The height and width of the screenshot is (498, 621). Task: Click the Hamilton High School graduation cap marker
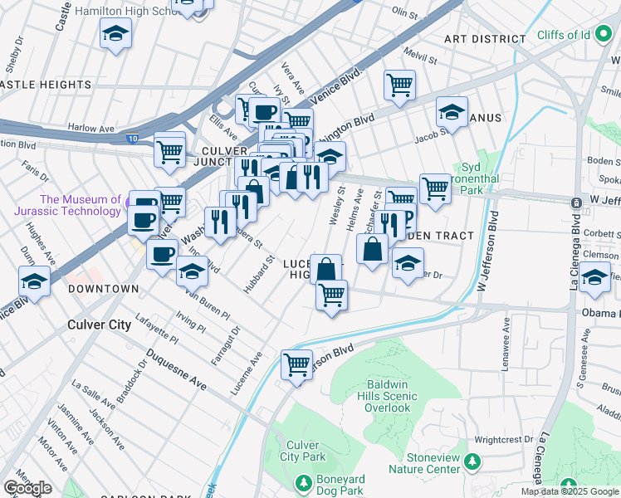click(116, 34)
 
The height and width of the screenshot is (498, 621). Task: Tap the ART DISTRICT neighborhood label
click(485, 39)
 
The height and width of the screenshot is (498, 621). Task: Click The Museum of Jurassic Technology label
click(81, 205)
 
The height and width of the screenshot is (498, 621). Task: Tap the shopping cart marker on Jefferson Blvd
click(297, 364)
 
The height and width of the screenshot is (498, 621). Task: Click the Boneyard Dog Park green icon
click(303, 482)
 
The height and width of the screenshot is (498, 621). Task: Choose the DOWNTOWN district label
click(103, 289)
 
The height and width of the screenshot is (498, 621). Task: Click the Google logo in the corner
click(27, 488)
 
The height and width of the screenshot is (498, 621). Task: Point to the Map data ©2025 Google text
click(570, 491)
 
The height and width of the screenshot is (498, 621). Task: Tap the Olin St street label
click(404, 13)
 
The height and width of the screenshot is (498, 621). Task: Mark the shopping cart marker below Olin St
click(399, 84)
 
